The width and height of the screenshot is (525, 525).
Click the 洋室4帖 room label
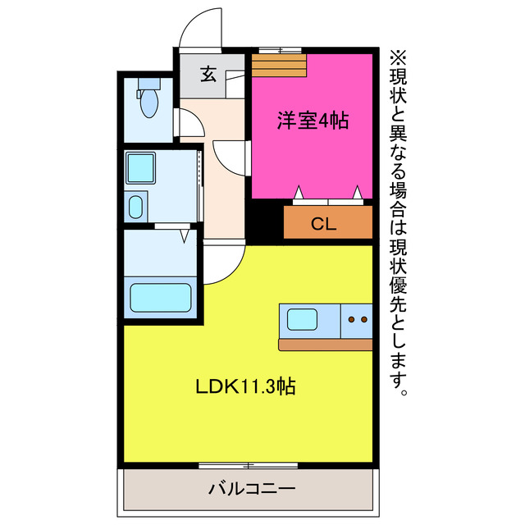point(312,121)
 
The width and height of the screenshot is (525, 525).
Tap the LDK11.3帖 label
point(245,386)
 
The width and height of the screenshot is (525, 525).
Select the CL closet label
point(322,224)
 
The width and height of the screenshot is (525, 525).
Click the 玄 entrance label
point(208,75)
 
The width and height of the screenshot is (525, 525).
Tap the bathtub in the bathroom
point(160,297)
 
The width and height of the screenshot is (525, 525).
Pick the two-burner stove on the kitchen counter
point(357,319)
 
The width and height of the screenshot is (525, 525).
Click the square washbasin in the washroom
point(139,168)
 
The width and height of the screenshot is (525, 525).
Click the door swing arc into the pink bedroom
point(230,156)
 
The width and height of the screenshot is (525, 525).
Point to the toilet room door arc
point(187,123)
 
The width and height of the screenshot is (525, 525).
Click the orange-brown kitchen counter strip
point(325,345)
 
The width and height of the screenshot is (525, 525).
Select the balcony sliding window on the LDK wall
point(247,465)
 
